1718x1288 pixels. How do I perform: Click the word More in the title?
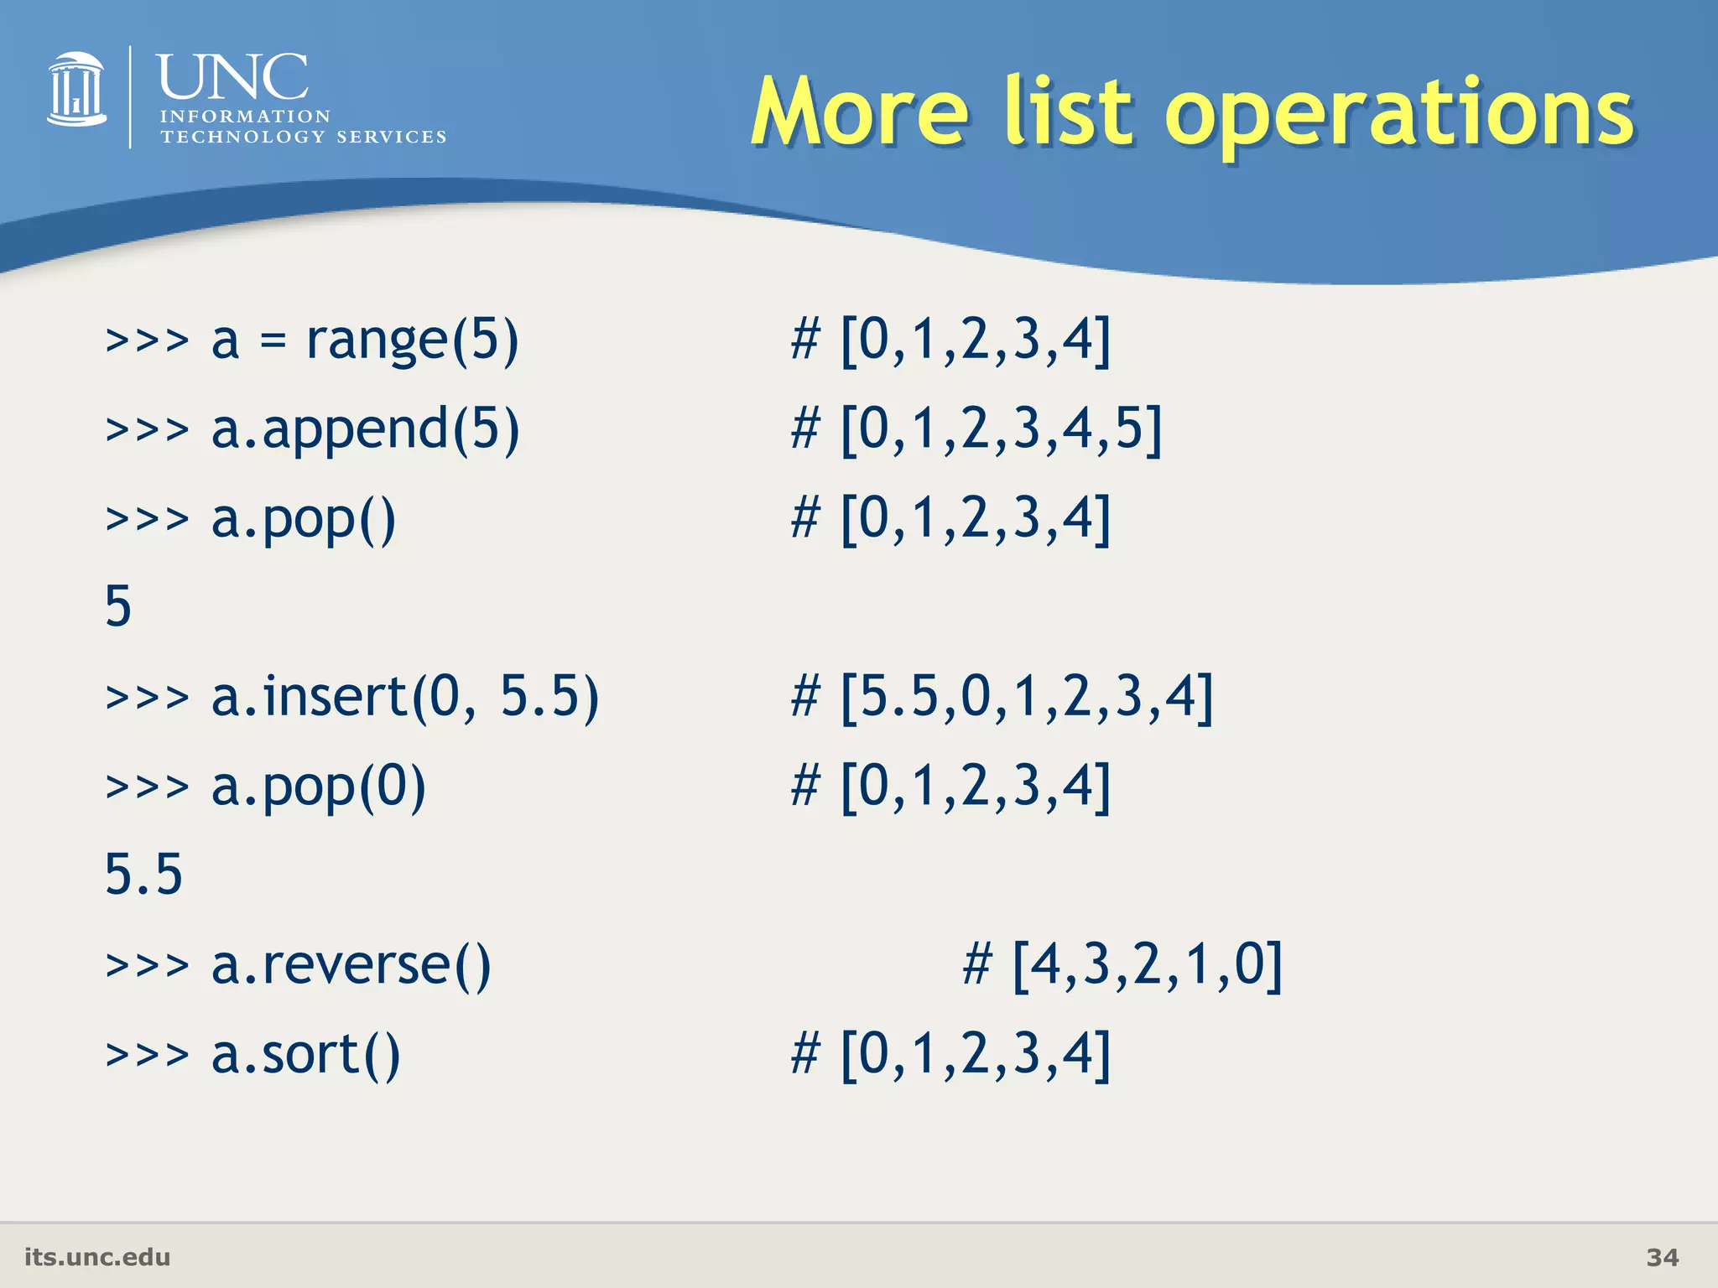[x=860, y=113]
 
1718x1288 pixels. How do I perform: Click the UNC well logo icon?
[x=77, y=91]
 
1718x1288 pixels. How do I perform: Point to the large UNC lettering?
[x=232, y=77]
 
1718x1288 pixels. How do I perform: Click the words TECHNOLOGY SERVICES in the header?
[x=304, y=137]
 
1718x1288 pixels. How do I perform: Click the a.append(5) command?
[x=365, y=430]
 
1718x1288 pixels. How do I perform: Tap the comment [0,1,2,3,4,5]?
[x=1001, y=430]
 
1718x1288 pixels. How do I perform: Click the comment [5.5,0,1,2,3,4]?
[x=1027, y=698]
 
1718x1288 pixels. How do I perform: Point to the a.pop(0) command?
[x=319, y=787]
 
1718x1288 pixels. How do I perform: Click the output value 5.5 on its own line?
[x=143, y=875]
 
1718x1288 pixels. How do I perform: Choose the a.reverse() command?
[x=351, y=965]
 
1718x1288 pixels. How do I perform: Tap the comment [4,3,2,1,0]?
[x=1147, y=965]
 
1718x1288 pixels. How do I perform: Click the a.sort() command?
[x=305, y=1055]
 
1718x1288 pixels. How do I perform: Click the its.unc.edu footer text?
[x=97, y=1257]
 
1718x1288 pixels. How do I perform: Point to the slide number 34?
[x=1662, y=1257]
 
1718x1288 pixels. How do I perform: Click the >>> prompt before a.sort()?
[x=148, y=1055]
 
